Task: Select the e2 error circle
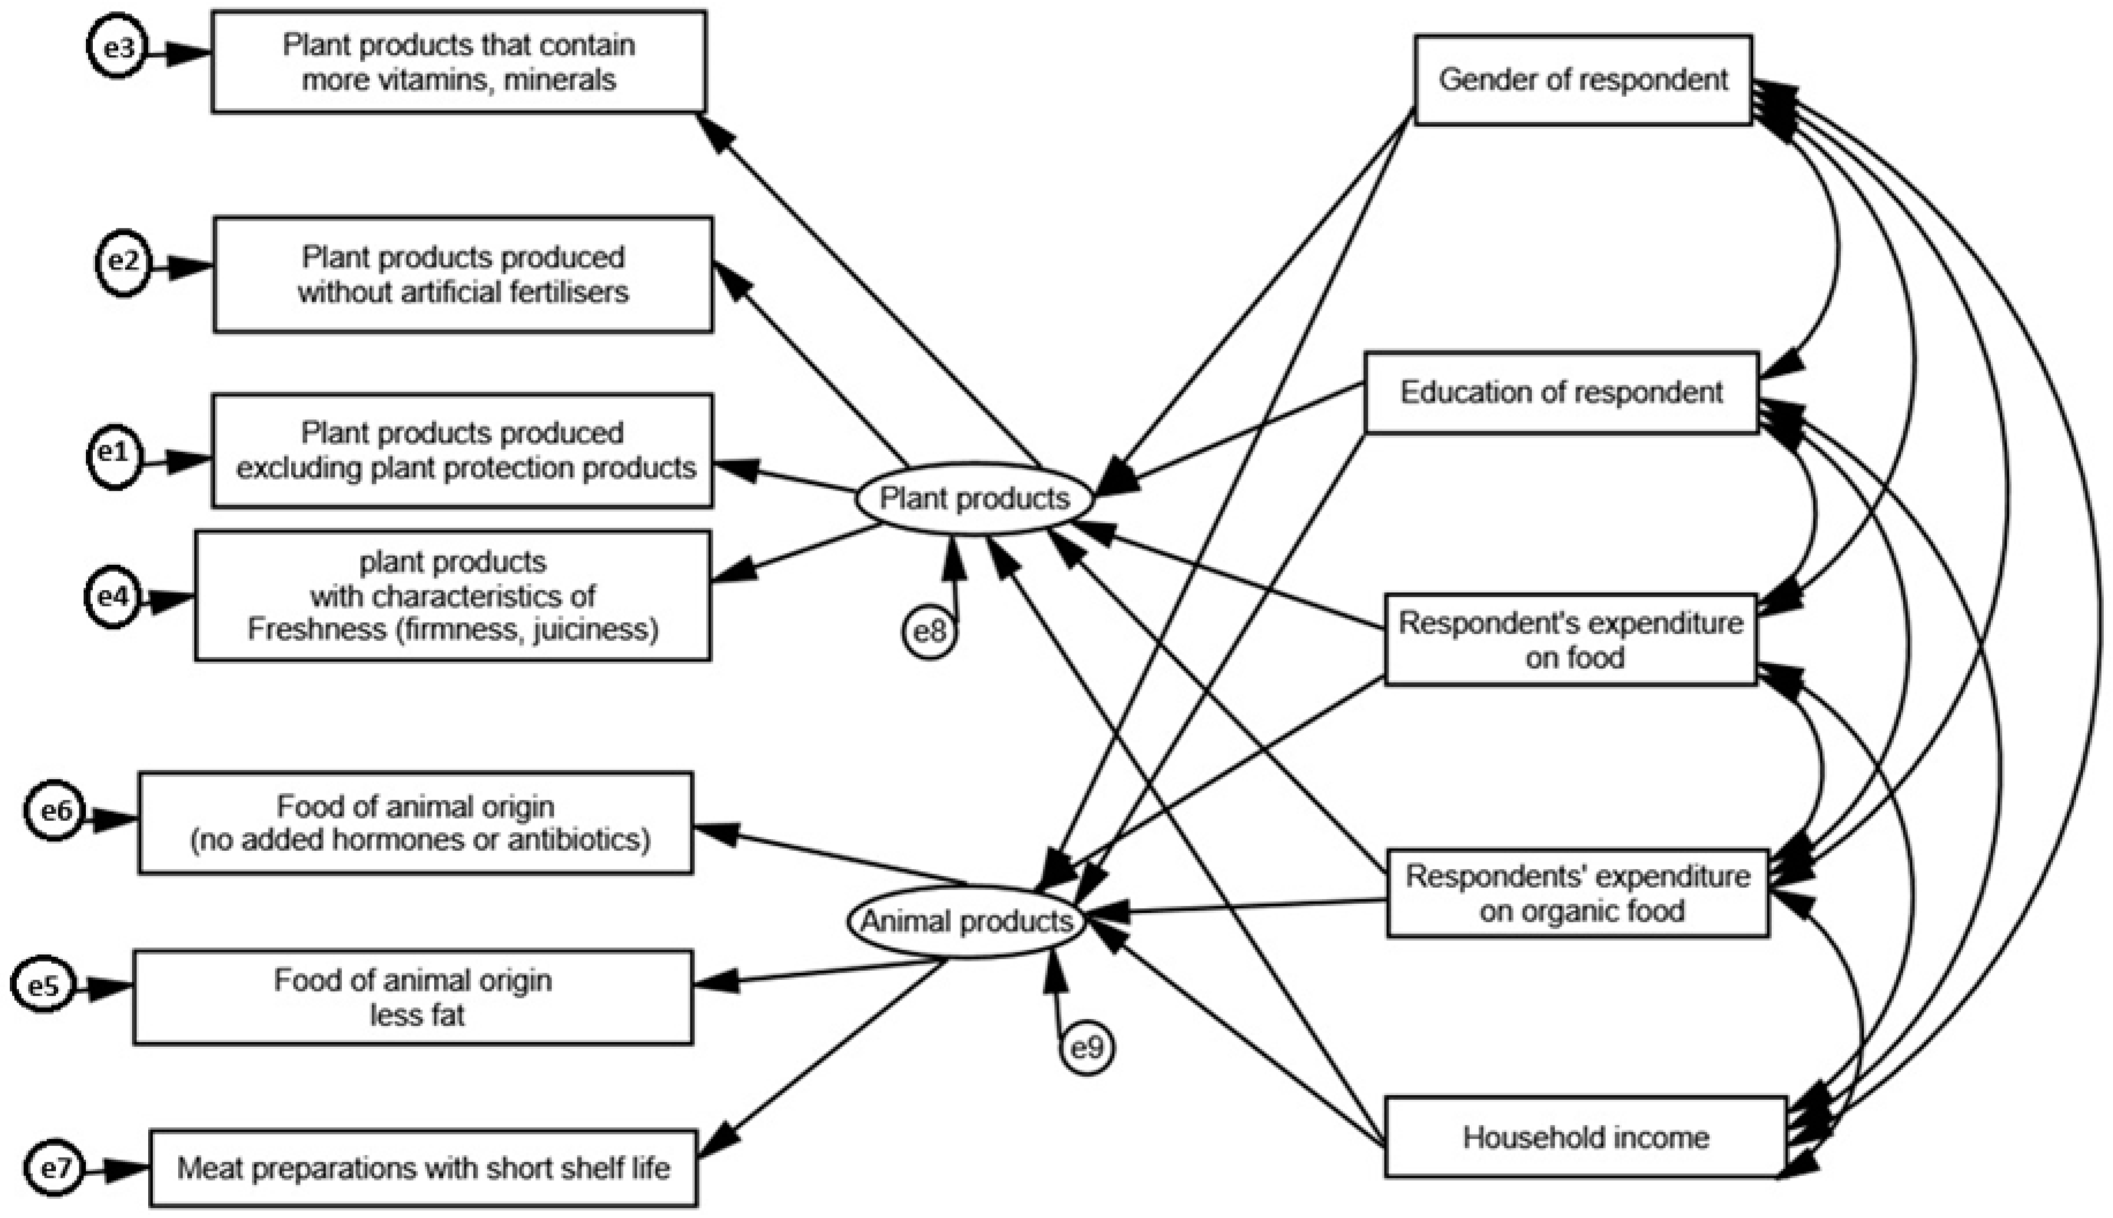pyautogui.click(x=123, y=263)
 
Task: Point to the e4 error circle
pyautogui.click(x=113, y=597)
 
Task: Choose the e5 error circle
pyautogui.click(x=43, y=986)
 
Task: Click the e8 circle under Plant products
pyautogui.click(x=929, y=631)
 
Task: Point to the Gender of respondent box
pyautogui.click(x=1583, y=80)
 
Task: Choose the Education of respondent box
pyautogui.click(x=1561, y=393)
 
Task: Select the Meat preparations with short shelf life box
pyautogui.click(x=423, y=1168)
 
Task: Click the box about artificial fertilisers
pyautogui.click(x=463, y=275)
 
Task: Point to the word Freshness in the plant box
pyautogui.click(x=317, y=629)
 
